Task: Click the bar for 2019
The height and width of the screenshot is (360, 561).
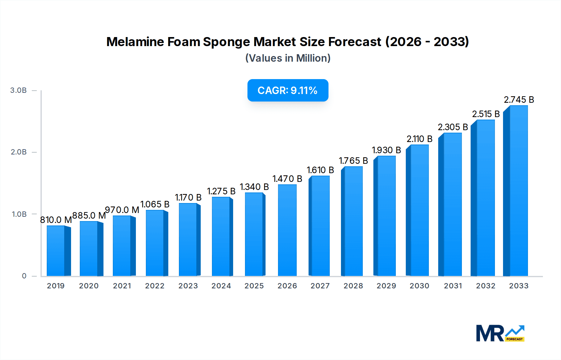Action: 56,251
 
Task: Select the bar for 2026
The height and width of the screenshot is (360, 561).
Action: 287,230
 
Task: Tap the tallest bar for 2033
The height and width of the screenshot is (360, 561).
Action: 518,191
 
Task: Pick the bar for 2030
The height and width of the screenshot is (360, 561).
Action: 419,210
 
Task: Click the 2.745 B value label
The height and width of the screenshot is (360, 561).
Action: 519,100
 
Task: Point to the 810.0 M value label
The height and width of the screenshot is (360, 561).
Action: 56,220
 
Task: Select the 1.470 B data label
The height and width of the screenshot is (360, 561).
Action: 287,179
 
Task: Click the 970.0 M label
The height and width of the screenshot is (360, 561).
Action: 122,210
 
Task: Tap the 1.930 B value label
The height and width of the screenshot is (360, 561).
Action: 386,150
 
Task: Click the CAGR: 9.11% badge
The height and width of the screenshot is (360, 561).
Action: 288,90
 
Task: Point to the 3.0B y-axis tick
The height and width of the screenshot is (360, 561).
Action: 18,90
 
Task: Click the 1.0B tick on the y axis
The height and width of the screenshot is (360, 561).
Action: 19,214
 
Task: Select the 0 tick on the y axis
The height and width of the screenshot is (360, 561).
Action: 24,276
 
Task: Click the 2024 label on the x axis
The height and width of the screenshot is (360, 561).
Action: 221,286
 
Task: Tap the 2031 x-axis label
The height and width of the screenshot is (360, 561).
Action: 453,286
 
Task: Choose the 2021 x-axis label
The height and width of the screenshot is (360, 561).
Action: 122,286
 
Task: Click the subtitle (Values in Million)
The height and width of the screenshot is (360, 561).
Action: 288,58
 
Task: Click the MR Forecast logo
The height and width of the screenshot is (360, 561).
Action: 500,333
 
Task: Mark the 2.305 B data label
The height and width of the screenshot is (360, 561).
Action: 453,127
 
